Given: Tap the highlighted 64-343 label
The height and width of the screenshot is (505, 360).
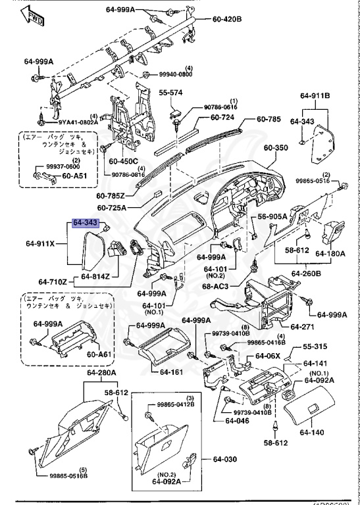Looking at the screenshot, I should point(85,224).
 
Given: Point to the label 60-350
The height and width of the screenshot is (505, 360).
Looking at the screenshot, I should point(277,149).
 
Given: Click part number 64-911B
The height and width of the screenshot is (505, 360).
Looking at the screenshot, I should point(315,96).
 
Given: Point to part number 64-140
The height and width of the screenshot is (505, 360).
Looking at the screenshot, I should point(313,432).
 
